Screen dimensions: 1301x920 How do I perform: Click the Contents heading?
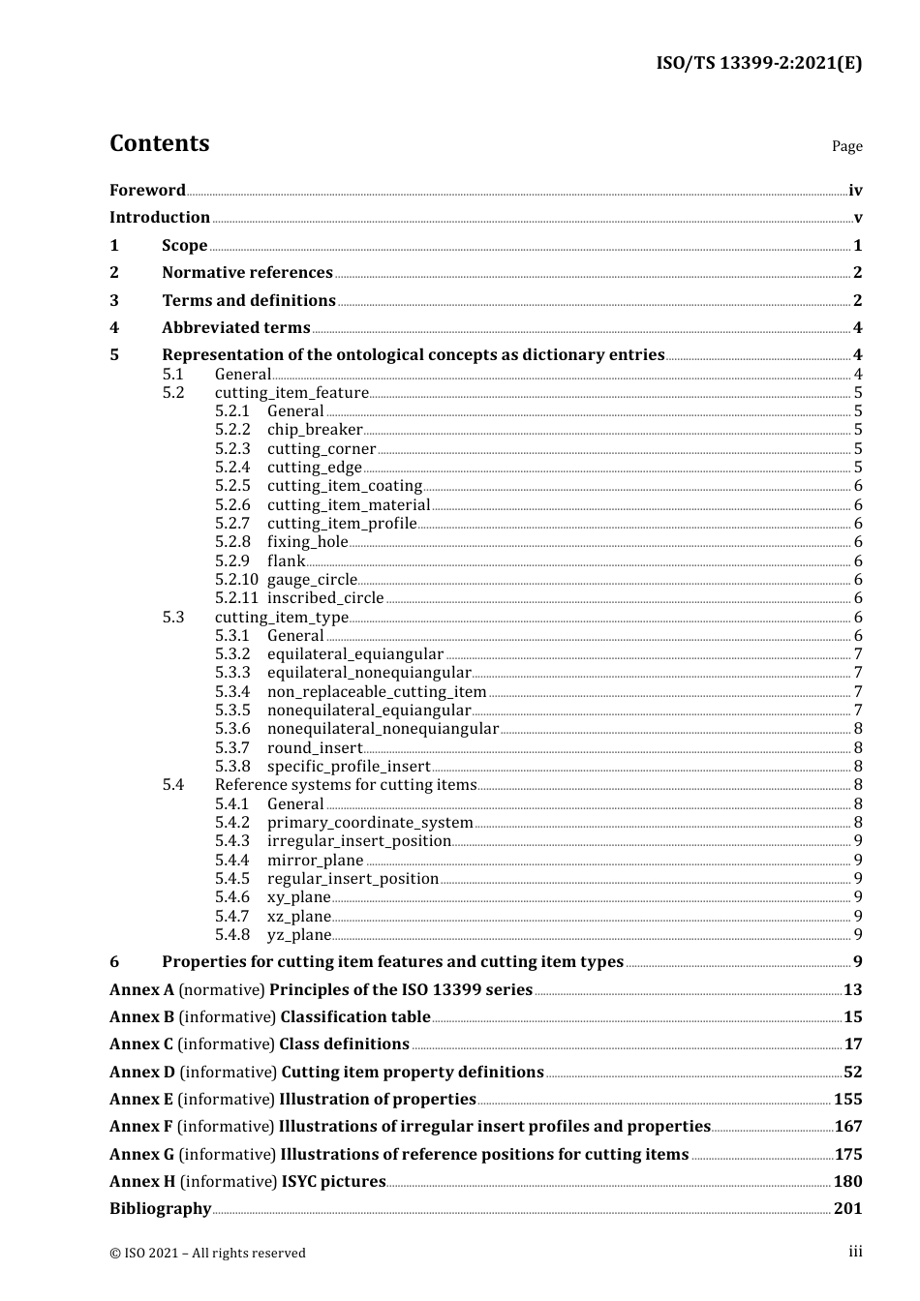(159, 143)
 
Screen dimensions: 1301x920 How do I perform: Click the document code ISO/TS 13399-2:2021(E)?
(758, 63)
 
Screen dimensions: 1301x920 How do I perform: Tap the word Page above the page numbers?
(846, 146)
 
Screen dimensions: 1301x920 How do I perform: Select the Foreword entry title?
(147, 191)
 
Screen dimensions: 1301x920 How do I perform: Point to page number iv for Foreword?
(854, 191)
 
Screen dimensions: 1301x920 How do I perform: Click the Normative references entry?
(247, 273)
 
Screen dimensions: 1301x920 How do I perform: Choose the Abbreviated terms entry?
(235, 328)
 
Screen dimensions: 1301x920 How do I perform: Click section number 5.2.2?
(232, 430)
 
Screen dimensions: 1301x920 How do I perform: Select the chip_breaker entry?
(315, 430)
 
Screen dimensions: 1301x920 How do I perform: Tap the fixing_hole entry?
(307, 542)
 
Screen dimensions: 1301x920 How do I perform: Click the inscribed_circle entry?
(325, 598)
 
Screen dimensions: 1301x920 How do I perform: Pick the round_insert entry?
(315, 748)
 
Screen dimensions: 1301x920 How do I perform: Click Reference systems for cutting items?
(346, 785)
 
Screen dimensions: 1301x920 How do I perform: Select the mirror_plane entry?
(316, 861)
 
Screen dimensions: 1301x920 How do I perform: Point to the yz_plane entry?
(299, 935)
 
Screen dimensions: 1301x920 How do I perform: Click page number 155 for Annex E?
(847, 1100)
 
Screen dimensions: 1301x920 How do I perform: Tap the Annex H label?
(142, 1182)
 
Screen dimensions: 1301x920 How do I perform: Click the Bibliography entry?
(160, 1209)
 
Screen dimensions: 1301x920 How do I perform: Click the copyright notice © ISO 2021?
(207, 1254)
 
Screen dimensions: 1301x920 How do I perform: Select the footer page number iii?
(855, 1253)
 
